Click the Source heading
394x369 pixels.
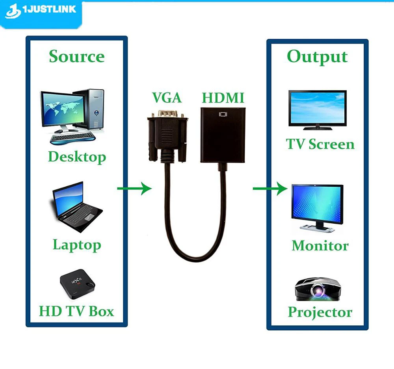click(77, 57)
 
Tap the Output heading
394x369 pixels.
click(317, 57)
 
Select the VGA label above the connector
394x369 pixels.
click(167, 98)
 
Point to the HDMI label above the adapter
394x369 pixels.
click(223, 98)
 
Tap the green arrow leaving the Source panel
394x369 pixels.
click(134, 189)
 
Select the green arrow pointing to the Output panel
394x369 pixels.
click(270, 189)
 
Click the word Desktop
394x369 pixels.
click(77, 157)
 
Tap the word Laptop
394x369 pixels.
click(77, 245)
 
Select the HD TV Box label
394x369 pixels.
click(76, 311)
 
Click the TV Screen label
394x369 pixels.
click(320, 144)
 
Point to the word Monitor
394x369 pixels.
click(320, 246)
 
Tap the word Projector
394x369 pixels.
click(320, 312)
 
